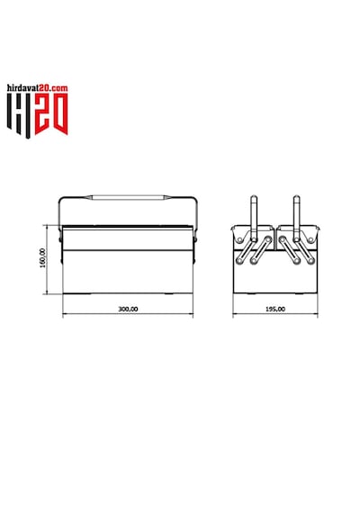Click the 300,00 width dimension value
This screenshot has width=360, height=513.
(x=128, y=309)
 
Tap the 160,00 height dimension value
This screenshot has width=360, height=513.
(x=42, y=258)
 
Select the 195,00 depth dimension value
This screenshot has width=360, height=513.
(x=275, y=309)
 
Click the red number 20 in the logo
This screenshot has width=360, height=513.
(x=51, y=113)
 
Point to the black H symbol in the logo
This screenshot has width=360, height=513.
(x=19, y=115)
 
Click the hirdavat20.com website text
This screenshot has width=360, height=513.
(x=37, y=87)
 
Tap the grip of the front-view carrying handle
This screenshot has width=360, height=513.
(x=128, y=197)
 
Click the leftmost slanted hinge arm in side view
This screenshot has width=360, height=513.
(x=247, y=250)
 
